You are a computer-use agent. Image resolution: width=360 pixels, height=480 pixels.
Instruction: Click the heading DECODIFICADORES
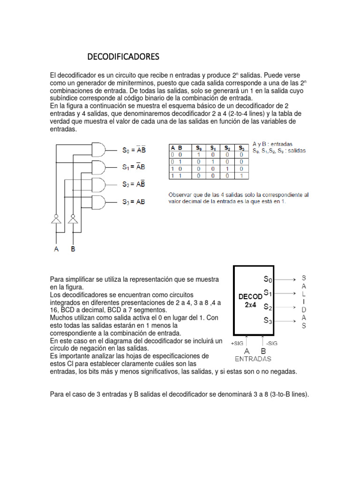point(124,57)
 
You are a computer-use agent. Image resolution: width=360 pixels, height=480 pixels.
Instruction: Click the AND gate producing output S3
point(99,202)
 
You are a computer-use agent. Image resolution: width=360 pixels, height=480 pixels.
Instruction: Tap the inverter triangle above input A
point(57,220)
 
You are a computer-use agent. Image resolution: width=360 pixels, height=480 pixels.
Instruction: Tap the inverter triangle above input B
point(73,220)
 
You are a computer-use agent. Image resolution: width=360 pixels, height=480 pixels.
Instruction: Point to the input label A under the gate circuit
point(57,249)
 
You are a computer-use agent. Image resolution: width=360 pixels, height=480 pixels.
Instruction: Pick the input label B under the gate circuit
point(73,249)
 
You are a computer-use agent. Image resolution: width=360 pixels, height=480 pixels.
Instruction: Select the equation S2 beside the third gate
point(134,185)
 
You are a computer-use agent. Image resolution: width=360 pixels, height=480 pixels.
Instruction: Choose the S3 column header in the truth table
point(241,147)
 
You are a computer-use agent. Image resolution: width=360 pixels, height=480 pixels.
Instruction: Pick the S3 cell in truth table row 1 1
point(241,175)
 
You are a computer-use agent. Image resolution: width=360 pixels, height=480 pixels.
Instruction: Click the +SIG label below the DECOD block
point(237,343)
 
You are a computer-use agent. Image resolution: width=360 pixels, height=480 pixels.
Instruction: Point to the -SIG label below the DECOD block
point(270,343)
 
